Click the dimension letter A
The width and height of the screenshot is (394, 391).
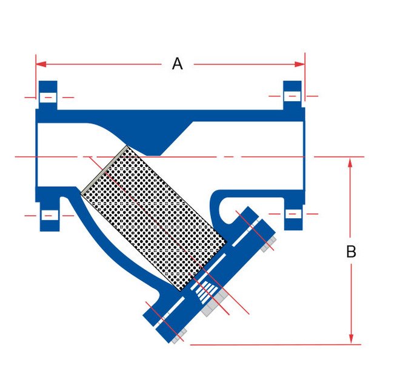click(x=177, y=64)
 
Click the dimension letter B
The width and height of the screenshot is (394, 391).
click(x=351, y=252)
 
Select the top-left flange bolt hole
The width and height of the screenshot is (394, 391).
click(x=48, y=97)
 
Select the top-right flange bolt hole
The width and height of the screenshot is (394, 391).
click(x=292, y=96)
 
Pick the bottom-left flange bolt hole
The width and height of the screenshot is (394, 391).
click(x=48, y=215)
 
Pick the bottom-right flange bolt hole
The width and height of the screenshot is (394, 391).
click(x=292, y=214)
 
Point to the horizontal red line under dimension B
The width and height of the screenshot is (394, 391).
click(x=273, y=345)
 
